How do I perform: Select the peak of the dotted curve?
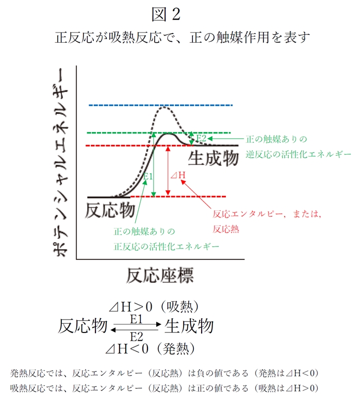(165, 107)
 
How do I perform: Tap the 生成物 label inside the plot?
(213, 158)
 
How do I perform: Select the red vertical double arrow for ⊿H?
(167, 170)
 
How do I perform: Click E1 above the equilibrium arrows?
(136, 319)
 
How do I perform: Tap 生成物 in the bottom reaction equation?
(189, 326)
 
